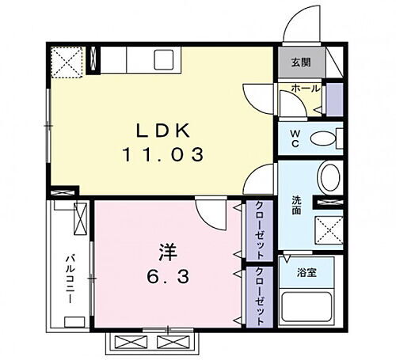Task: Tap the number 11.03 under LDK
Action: [163, 155]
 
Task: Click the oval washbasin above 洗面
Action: [329, 176]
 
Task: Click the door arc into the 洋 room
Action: [208, 212]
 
